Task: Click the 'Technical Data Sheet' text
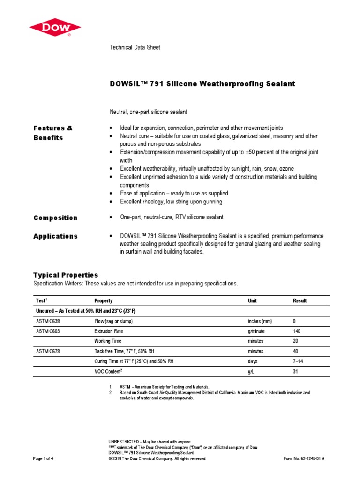point(135,47)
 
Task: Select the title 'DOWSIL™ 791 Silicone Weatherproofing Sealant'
point(202,84)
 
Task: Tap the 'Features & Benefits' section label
point(53,133)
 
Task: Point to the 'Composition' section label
point(55,218)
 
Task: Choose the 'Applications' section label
point(55,236)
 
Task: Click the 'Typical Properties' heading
point(66,275)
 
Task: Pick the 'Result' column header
point(300,300)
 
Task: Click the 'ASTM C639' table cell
point(48,321)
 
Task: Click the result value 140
point(297,331)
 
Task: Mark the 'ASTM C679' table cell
point(48,351)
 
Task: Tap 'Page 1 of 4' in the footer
point(43,459)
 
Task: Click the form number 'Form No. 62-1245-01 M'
point(304,459)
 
